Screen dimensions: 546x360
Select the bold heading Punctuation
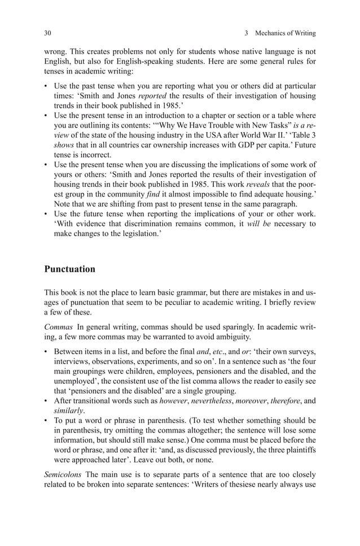(70, 269)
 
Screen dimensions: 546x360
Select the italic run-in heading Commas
(58, 327)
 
